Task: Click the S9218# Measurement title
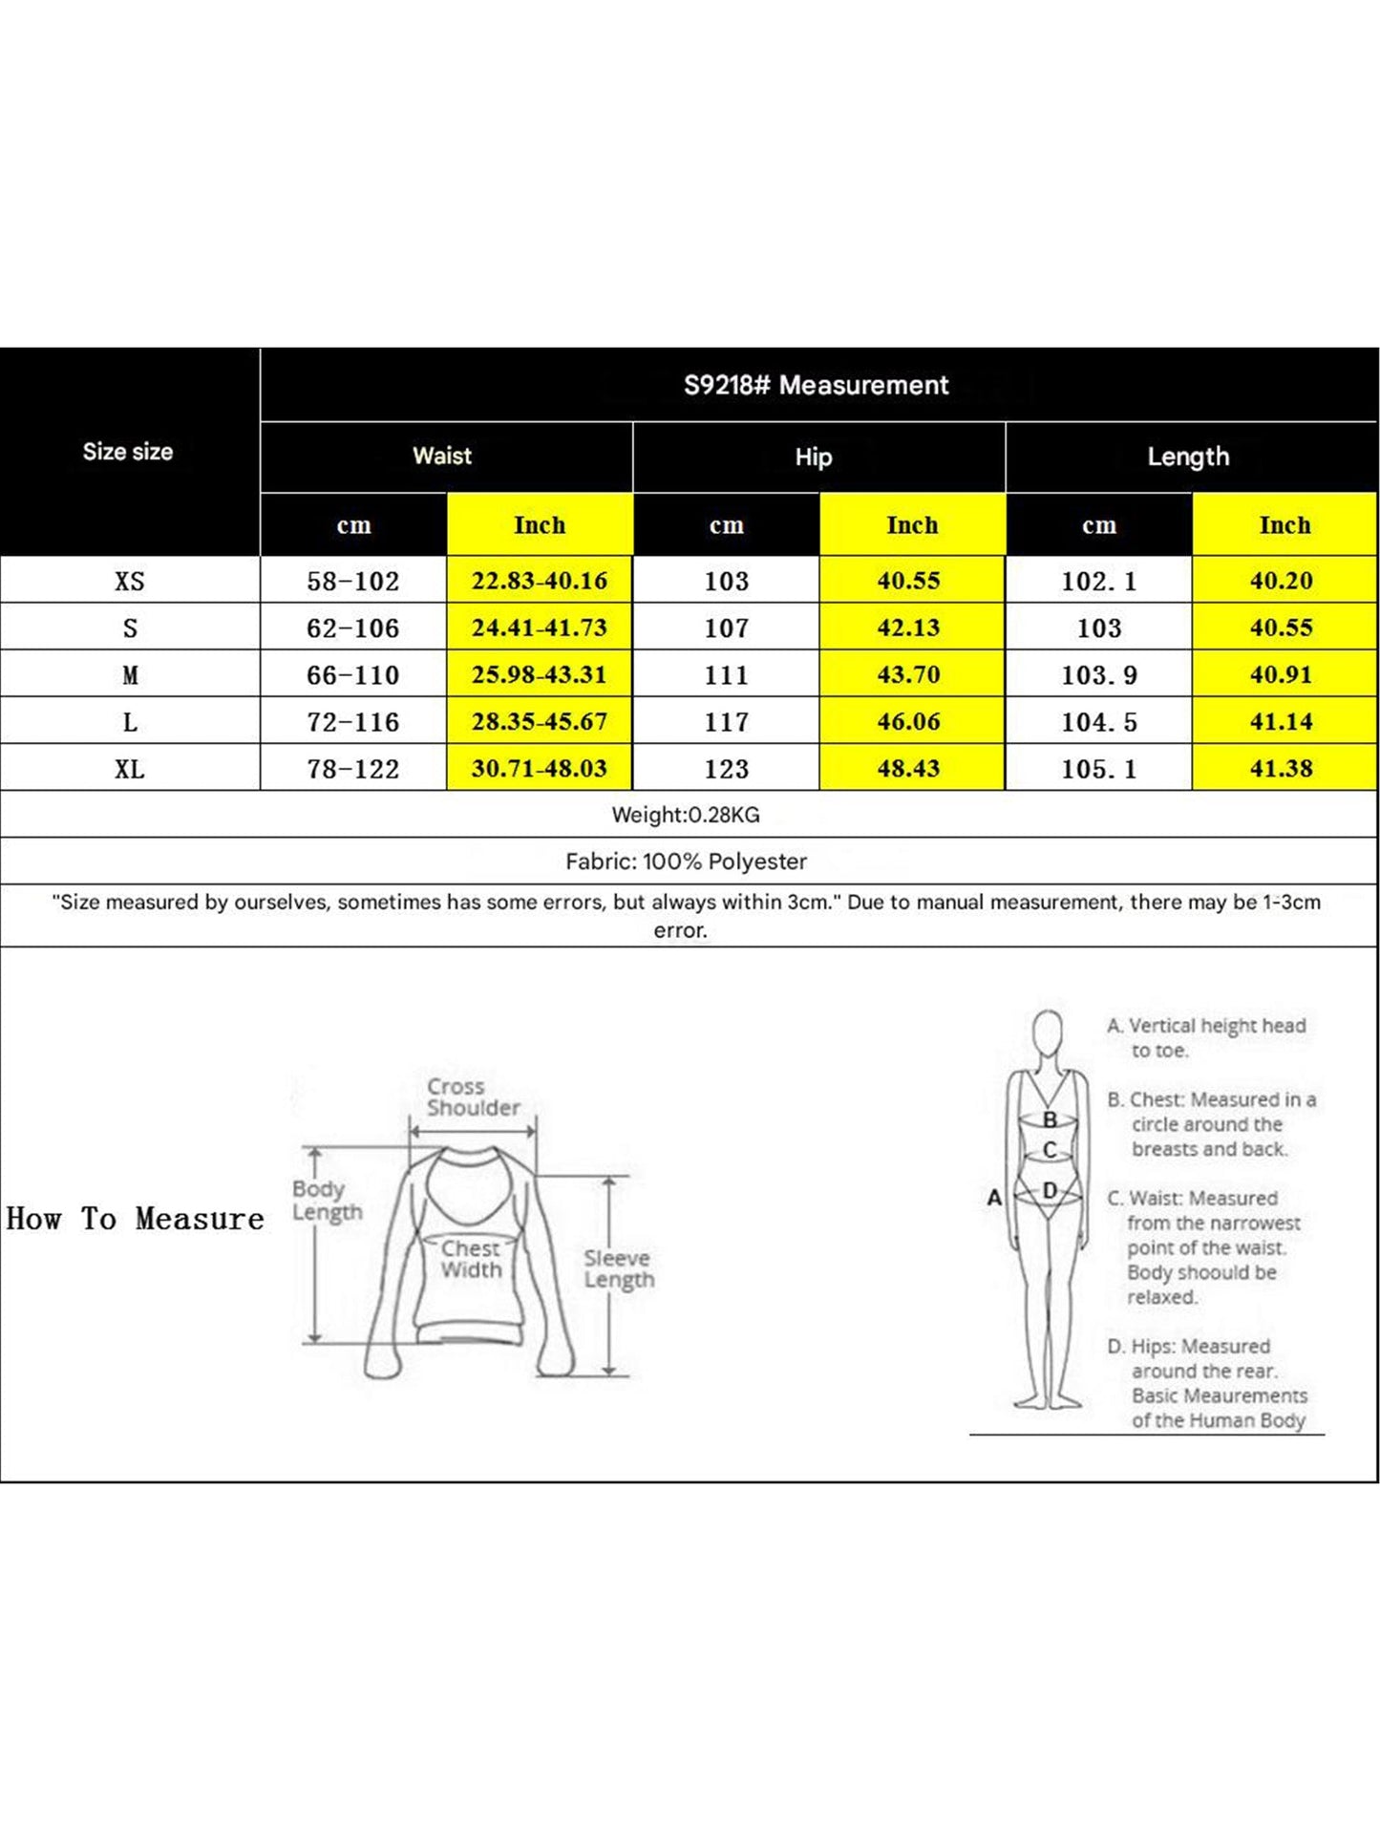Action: (816, 385)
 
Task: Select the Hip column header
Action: (814, 457)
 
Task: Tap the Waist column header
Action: (442, 456)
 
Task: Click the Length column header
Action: (1188, 457)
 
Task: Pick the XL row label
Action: (130, 769)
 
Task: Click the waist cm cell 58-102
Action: (352, 581)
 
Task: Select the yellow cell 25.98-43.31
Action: (539, 674)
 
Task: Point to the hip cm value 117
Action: (726, 722)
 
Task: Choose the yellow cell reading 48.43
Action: (908, 768)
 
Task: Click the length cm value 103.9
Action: (1099, 675)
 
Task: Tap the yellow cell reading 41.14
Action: (1281, 721)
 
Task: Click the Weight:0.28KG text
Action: (686, 815)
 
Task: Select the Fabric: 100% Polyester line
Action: (686, 862)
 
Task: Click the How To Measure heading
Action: (135, 1219)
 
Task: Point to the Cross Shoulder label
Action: (473, 1097)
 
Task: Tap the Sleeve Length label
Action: (618, 1268)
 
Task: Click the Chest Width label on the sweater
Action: (471, 1259)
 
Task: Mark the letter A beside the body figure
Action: (994, 1197)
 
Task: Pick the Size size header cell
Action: (128, 452)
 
